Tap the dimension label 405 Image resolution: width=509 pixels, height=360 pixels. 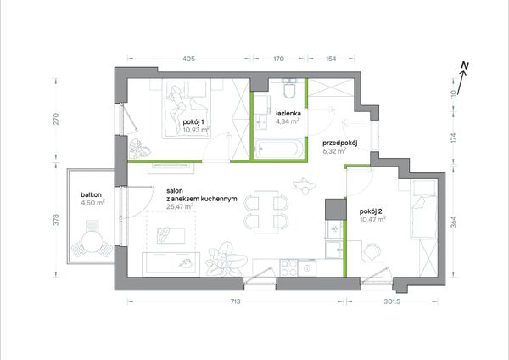pos(188,59)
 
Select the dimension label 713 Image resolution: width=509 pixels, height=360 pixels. pos(235,301)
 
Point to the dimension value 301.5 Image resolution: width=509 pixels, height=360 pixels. pos(392,301)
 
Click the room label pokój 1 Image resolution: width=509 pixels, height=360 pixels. pos(193,122)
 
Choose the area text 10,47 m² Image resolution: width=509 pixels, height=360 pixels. pos(372,219)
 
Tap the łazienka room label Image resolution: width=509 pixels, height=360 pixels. pos(288,114)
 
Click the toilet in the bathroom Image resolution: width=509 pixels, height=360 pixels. pos(289,88)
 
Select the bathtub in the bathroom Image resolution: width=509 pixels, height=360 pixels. pos(279,149)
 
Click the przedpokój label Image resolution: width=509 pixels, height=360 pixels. pos(340,143)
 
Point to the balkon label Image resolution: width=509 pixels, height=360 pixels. pos(92,195)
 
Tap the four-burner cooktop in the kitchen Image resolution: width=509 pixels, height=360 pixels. pos(289,267)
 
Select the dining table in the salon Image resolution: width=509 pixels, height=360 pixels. pos(266,212)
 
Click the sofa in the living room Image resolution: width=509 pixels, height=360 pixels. pos(171,264)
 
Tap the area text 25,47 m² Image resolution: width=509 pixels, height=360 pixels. pos(180,206)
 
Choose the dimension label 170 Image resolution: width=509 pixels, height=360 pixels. pos(278,59)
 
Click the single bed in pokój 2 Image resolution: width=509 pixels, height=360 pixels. pos(423,210)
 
